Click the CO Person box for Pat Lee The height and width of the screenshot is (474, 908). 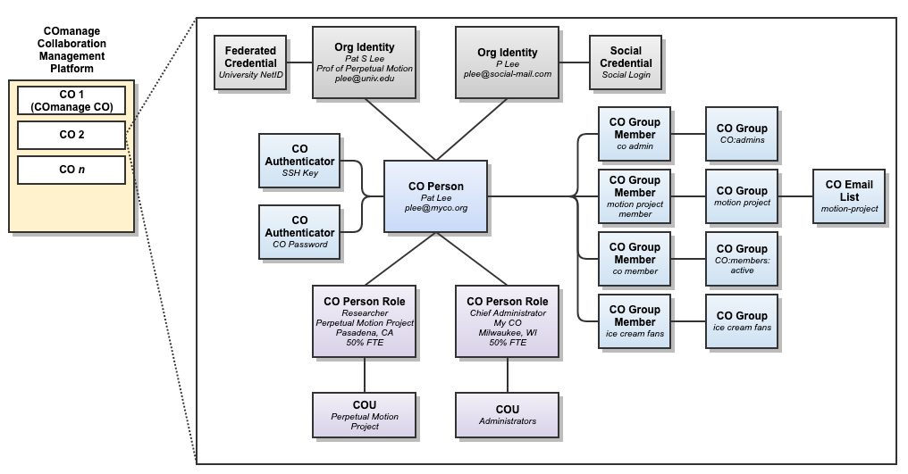(x=436, y=196)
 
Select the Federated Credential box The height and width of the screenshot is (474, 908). (x=250, y=62)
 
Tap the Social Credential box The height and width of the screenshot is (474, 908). (x=626, y=62)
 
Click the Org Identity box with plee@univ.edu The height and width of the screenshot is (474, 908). (x=364, y=62)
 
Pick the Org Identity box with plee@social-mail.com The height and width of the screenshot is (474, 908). (x=508, y=62)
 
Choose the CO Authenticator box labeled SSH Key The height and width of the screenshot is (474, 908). (x=299, y=161)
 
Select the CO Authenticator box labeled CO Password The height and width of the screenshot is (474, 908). (x=299, y=232)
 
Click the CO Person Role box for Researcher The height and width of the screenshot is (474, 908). (x=365, y=321)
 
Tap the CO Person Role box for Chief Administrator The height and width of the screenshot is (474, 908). (x=508, y=321)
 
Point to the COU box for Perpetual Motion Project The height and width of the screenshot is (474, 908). (x=365, y=415)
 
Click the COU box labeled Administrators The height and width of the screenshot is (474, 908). (x=508, y=415)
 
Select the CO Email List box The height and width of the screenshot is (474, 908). (x=849, y=196)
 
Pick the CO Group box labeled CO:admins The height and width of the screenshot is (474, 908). (x=741, y=134)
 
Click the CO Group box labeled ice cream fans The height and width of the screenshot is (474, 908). (x=741, y=321)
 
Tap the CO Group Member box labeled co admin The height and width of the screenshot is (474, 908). (x=635, y=134)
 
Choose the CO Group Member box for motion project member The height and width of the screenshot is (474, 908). (x=635, y=196)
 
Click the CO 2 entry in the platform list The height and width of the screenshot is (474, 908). (x=71, y=135)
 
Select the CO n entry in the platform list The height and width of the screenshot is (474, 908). (x=71, y=169)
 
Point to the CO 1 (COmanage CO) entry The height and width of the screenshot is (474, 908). (x=71, y=101)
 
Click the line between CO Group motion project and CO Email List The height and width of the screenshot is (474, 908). (x=795, y=196)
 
